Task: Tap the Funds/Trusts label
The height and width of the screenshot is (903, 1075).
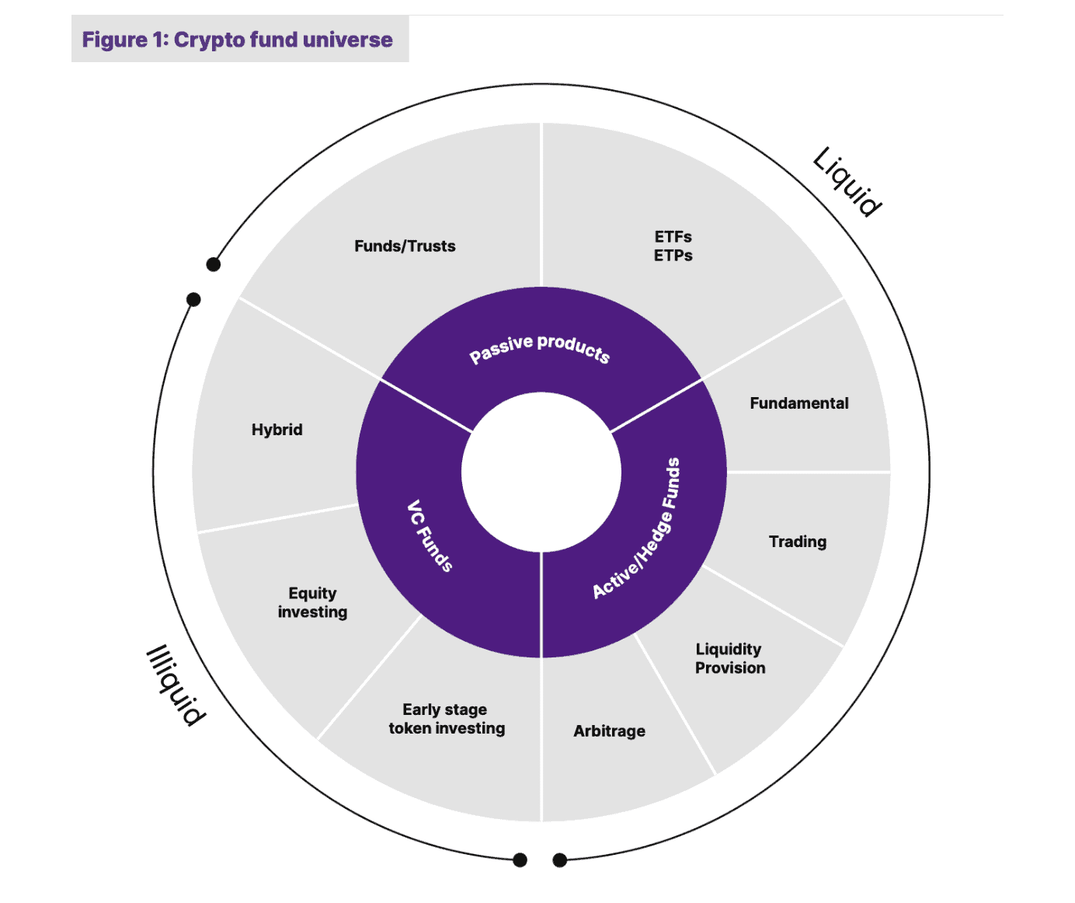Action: point(405,246)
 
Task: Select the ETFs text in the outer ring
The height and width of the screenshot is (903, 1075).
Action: point(673,236)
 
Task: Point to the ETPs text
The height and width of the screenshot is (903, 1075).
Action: point(673,256)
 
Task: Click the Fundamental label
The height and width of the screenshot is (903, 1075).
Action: point(798,403)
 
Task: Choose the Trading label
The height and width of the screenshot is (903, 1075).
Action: point(797,542)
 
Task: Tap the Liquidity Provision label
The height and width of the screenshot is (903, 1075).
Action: point(729,658)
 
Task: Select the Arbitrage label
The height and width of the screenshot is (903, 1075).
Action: point(609,731)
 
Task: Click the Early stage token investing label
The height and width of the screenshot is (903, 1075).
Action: point(447,719)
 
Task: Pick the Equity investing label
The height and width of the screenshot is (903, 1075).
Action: point(312,602)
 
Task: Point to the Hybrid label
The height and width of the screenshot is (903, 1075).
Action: point(277,430)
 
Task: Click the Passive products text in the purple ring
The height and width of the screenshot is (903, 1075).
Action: point(540,347)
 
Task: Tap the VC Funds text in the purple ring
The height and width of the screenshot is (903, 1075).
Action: point(430,535)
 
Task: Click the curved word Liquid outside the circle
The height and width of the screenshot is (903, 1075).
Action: point(847,181)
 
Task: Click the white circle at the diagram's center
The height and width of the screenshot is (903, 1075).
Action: point(541,472)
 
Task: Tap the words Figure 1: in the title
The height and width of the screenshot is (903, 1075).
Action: point(125,40)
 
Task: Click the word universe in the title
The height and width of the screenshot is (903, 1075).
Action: point(347,40)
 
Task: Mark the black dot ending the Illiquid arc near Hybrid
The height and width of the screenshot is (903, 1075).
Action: point(194,299)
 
